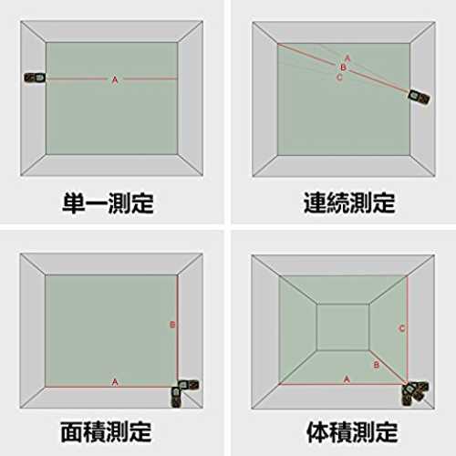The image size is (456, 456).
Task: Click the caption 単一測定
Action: point(108,202)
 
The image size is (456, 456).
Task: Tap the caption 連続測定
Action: point(349,202)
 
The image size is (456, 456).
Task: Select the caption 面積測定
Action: point(106,431)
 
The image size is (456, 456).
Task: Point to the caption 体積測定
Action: point(352,431)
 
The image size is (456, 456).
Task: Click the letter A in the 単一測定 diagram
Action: point(115,80)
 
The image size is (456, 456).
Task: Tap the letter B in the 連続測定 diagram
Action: point(343,67)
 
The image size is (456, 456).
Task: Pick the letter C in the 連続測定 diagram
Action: point(339,78)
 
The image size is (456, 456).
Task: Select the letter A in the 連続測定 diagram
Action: point(347,57)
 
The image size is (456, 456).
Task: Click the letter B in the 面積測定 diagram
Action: point(172,325)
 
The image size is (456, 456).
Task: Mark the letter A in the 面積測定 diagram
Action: point(115,382)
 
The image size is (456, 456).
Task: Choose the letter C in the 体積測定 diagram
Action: point(401,328)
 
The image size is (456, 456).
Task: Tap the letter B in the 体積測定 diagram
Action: point(377,365)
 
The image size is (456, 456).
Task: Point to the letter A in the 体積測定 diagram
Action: point(347,379)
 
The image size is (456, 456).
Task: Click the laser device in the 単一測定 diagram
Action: point(35,78)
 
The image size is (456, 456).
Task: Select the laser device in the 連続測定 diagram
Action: point(419,98)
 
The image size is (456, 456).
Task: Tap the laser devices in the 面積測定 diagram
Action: point(183,392)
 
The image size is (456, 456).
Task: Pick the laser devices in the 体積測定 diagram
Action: point(414,393)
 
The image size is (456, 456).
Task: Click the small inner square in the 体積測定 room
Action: point(343,327)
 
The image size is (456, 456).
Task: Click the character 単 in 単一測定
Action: point(74,202)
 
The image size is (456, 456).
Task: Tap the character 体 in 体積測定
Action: point(317,431)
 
